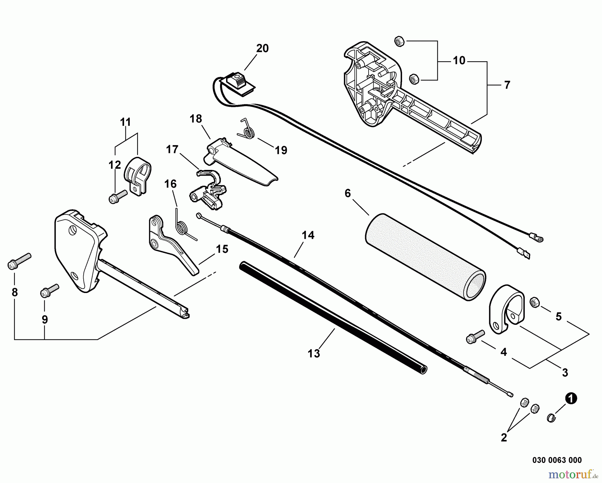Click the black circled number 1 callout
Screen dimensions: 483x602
tap(571, 399)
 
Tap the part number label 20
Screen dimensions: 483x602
tap(262, 49)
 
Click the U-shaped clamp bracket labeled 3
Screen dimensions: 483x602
tap(507, 308)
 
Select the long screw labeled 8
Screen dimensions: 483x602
tap(19, 261)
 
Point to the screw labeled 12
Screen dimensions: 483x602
tap(117, 196)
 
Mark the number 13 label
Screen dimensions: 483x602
tap(314, 354)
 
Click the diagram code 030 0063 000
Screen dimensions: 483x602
tap(557, 460)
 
